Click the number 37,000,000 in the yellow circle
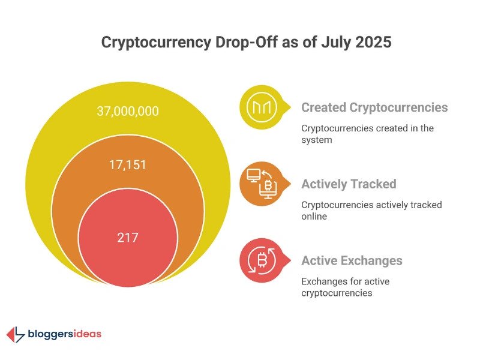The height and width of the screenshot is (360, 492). (127, 111)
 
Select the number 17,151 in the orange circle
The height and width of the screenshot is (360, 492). (127, 164)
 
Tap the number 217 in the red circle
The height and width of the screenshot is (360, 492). (127, 237)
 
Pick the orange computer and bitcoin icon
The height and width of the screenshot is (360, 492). (261, 184)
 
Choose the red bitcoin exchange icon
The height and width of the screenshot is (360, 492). (261, 260)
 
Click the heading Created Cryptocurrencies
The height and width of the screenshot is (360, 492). (374, 107)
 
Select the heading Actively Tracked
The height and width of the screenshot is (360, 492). (349, 184)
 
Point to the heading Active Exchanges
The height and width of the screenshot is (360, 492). (352, 260)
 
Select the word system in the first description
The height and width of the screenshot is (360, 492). (316, 139)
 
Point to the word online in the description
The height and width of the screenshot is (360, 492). (314, 216)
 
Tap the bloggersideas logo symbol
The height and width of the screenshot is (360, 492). (16, 334)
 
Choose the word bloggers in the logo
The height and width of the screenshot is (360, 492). (52, 335)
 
